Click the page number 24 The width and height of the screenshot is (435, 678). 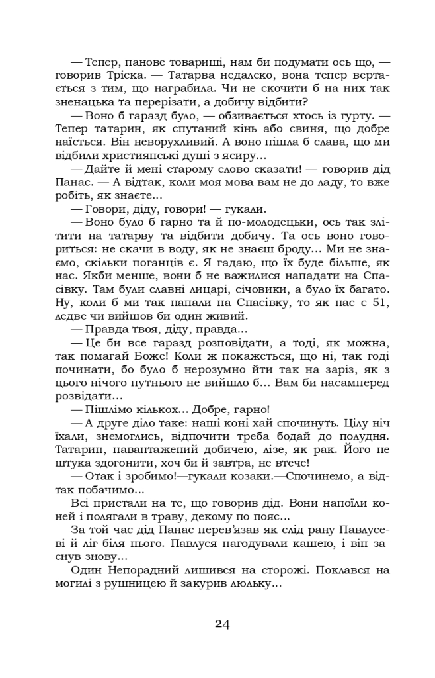pyautogui.click(x=222, y=624)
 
